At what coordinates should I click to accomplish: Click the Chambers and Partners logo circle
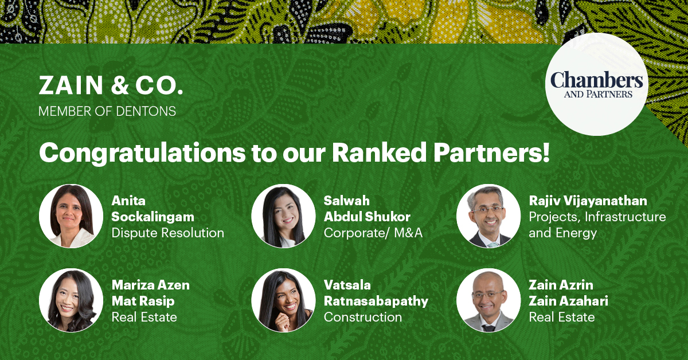click(597, 84)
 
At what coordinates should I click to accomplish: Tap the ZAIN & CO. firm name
click(111, 85)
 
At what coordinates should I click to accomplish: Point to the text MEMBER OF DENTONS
click(107, 111)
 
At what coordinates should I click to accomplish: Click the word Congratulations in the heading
click(142, 152)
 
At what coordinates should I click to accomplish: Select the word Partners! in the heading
click(491, 152)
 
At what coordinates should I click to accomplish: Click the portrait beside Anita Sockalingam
click(71, 216)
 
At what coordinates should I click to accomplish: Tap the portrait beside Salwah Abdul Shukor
click(283, 216)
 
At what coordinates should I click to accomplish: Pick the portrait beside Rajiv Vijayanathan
click(488, 216)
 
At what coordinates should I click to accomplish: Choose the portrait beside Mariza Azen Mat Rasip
click(71, 300)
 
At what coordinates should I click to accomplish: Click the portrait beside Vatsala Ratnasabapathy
click(283, 300)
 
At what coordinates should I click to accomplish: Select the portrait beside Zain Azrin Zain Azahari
click(488, 300)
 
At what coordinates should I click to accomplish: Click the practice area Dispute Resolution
click(167, 233)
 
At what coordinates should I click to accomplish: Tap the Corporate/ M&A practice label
click(373, 233)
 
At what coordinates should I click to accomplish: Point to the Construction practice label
click(363, 317)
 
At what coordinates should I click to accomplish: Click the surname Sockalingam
click(153, 217)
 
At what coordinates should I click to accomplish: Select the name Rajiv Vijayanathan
click(588, 201)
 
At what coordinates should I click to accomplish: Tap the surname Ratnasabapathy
click(376, 301)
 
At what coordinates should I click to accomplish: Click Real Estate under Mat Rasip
click(144, 317)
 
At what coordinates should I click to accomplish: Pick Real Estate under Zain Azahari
click(562, 317)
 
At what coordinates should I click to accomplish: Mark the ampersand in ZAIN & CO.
click(120, 85)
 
